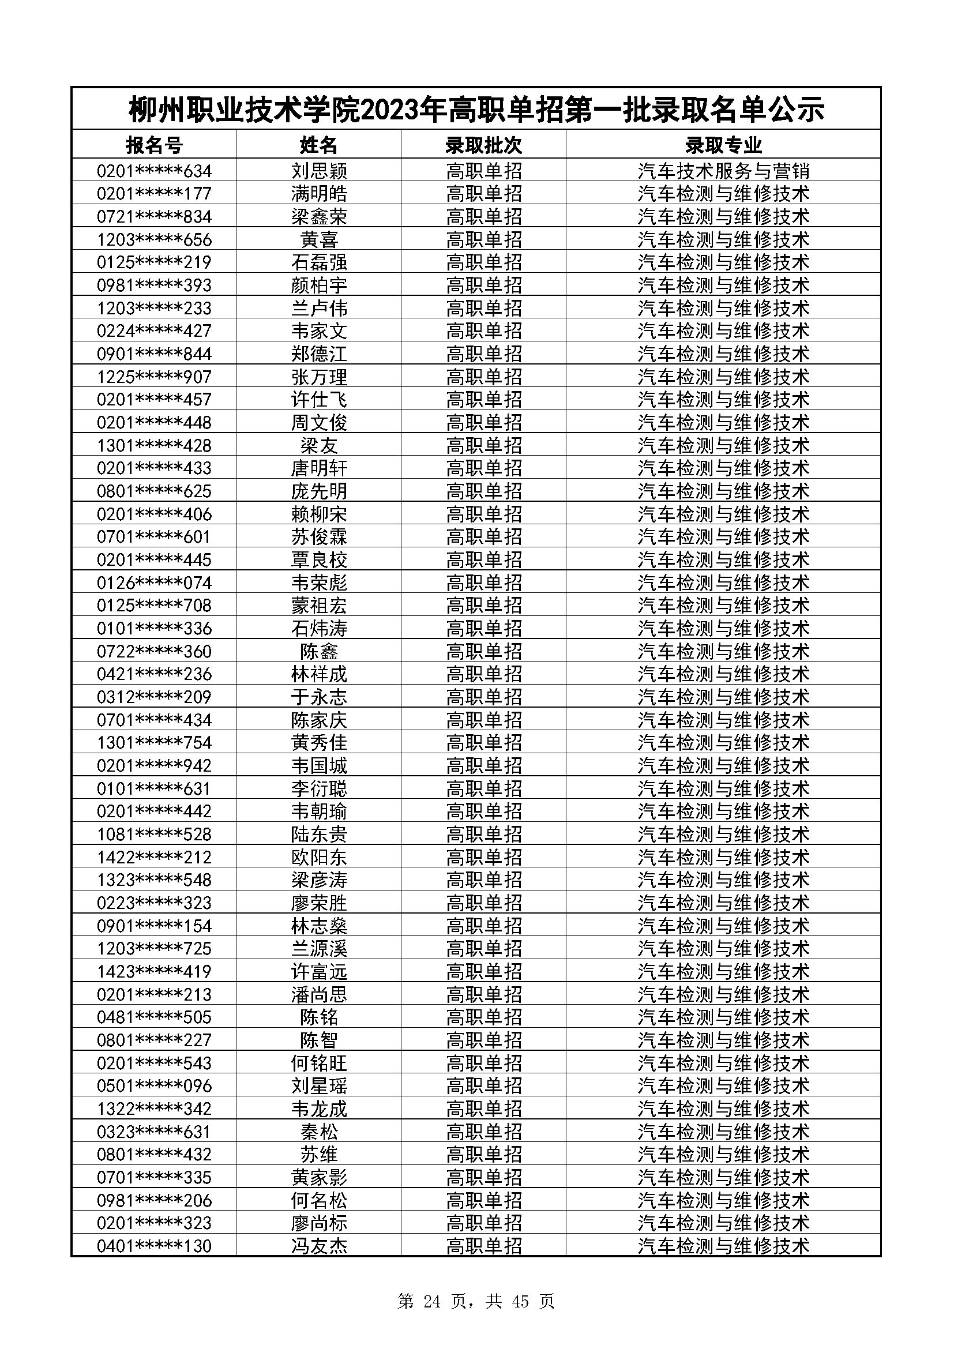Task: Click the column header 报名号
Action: tap(154, 145)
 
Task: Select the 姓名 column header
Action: tap(319, 145)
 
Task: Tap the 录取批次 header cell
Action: tap(483, 145)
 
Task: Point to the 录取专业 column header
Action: tap(723, 145)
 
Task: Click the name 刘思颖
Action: tap(319, 171)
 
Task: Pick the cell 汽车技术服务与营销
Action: tap(723, 171)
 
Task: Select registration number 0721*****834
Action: tap(154, 217)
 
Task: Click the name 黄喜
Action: tap(319, 240)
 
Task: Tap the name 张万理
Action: tap(319, 377)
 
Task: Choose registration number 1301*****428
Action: tap(154, 445)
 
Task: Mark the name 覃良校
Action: tap(319, 559)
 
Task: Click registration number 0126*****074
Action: tap(154, 583)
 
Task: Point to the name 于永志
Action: tap(319, 697)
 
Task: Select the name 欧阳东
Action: tap(319, 856)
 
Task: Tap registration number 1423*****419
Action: tap(154, 971)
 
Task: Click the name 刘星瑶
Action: tap(319, 1085)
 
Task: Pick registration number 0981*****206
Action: tap(154, 1200)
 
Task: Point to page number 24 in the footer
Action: tap(431, 1301)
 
